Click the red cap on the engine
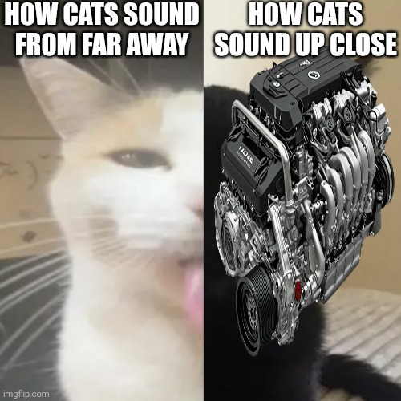coord(298,290)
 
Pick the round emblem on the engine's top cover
coord(311,74)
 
